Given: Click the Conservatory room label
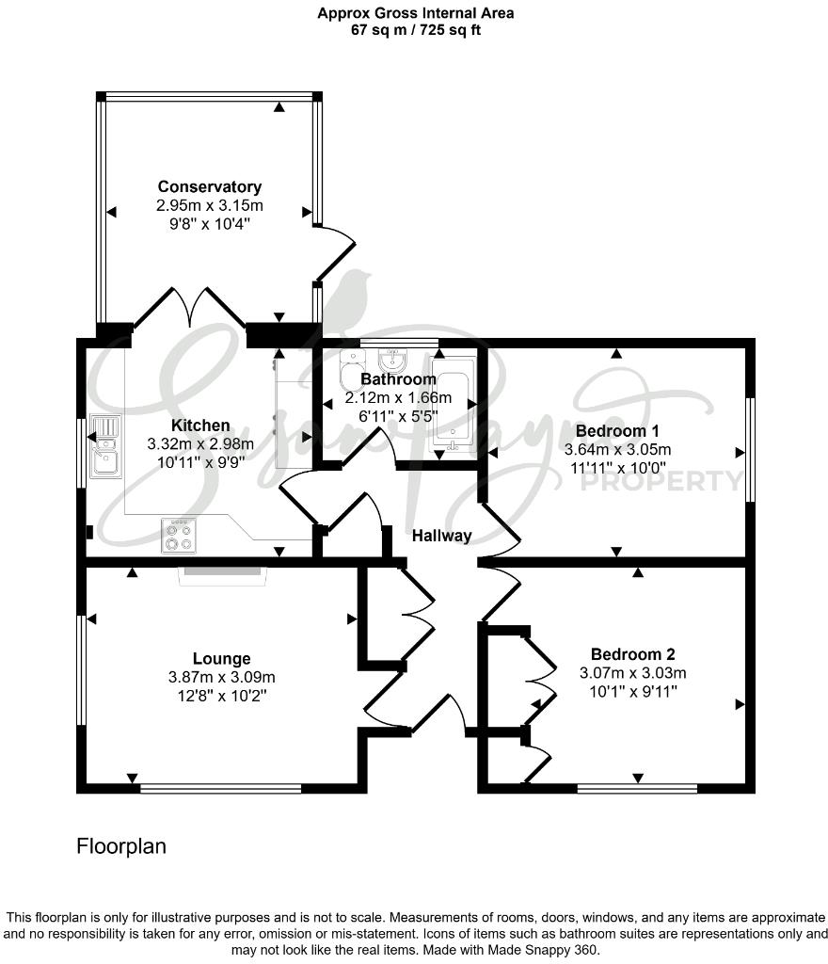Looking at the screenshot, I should [209, 186].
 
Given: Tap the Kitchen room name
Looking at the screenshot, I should [200, 425].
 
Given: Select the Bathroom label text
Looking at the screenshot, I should [398, 379].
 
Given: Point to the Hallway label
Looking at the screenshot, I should [441, 536].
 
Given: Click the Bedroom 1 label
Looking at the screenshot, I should [616, 430].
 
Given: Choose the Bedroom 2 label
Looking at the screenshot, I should [632, 654].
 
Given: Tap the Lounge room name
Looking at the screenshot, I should [221, 658].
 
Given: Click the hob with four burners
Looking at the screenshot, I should [179, 536].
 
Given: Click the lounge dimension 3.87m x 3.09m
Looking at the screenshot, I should [221, 676].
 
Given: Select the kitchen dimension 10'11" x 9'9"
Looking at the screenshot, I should [200, 461].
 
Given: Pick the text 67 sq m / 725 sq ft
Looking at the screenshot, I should [415, 29].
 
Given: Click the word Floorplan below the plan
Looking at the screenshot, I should [120, 846].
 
